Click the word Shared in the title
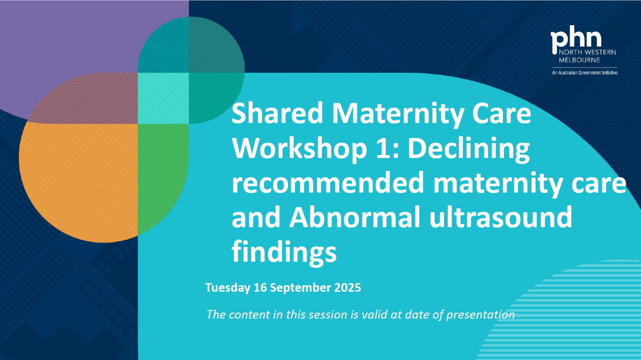pos(277,113)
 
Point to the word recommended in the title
pos(328,183)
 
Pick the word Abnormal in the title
pos(355,217)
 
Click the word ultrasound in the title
pos(501,217)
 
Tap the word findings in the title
pos(284,252)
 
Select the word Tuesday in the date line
pos(228,288)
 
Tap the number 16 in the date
pos(260,287)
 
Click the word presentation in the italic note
pos(480,315)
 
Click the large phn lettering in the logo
pos(576,38)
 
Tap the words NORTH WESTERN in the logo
pos(588,53)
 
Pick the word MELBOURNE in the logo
pos(579,60)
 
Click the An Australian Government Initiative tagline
pos(585,73)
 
